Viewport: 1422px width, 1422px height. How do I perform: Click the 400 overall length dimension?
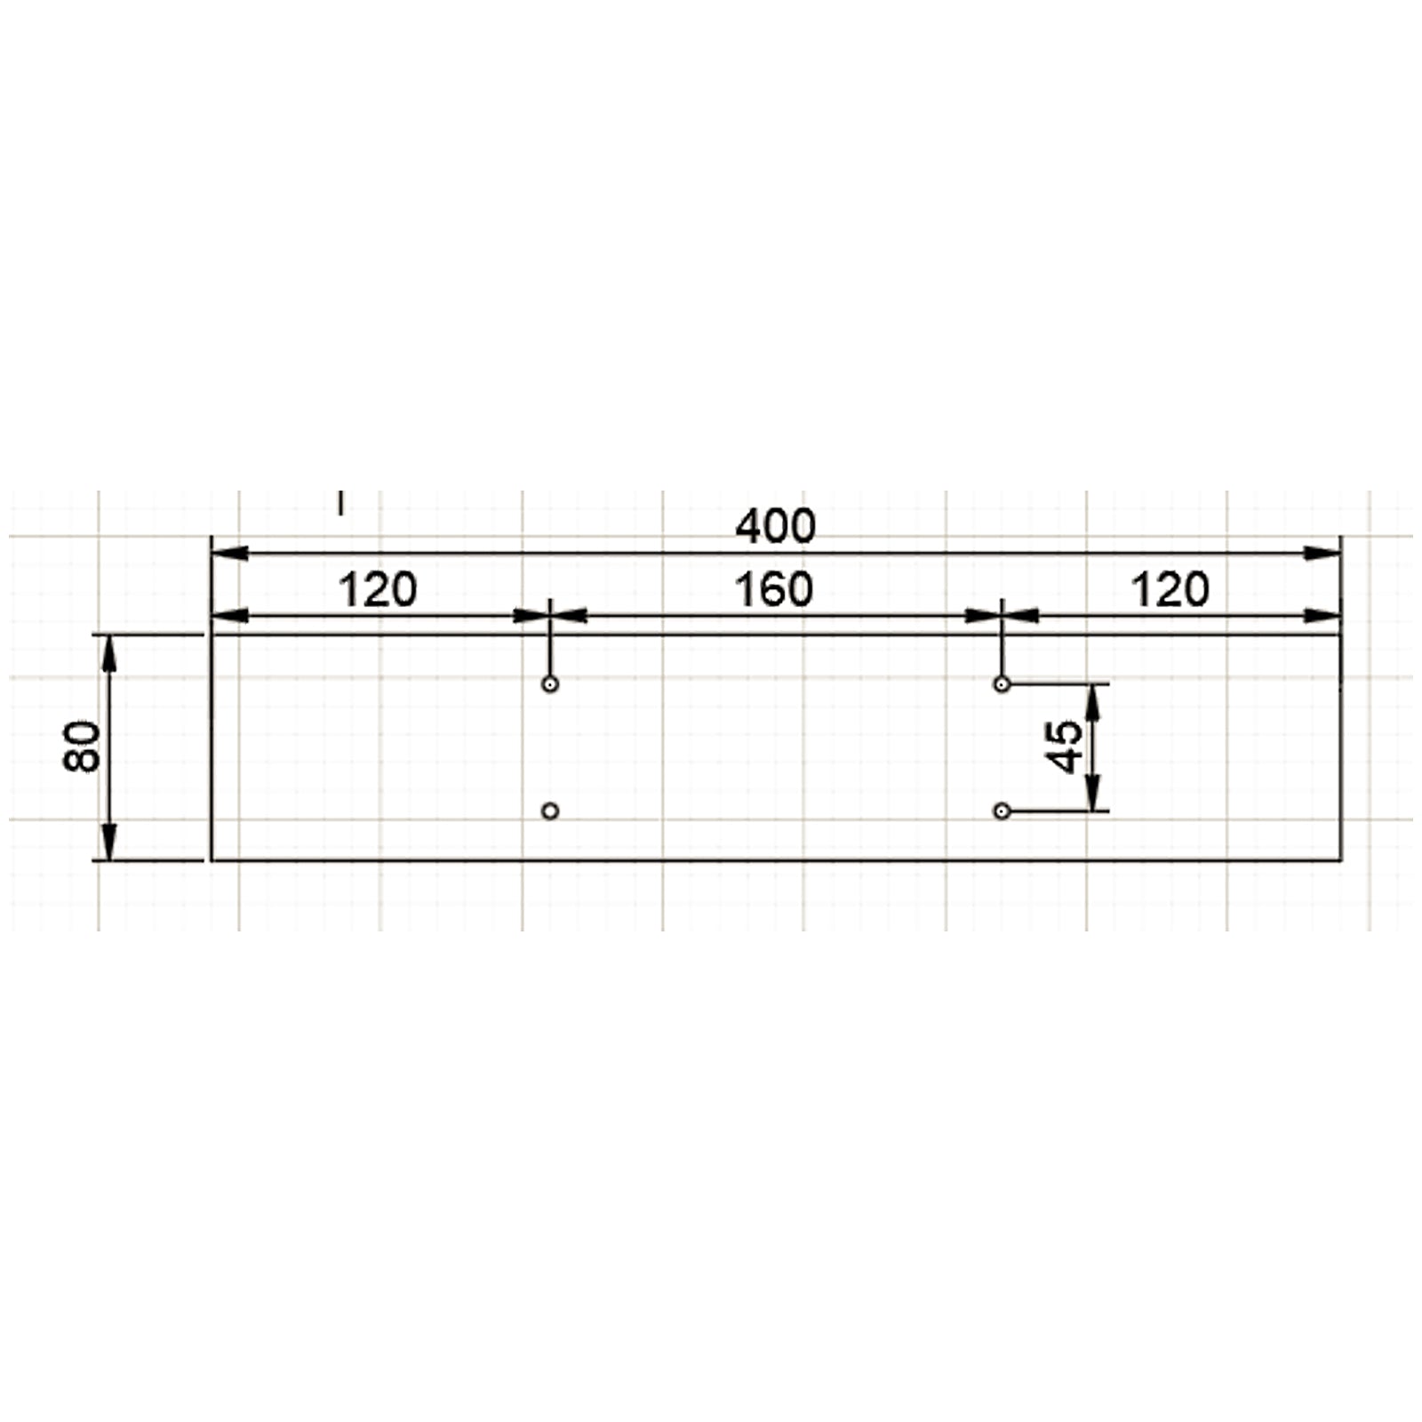point(775,527)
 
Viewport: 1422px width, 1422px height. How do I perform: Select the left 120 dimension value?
point(378,591)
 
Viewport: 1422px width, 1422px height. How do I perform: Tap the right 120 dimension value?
point(1170,591)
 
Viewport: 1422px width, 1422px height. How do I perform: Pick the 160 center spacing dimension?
point(774,591)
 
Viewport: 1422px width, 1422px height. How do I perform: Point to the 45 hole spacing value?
point(1066,747)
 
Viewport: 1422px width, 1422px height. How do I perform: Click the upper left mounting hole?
point(550,684)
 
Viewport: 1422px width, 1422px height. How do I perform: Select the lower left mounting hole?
point(550,811)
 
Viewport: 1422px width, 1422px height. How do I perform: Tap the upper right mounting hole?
point(1002,684)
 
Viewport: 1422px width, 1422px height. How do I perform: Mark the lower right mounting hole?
point(1002,811)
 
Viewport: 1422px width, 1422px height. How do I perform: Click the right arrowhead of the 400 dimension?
point(1322,554)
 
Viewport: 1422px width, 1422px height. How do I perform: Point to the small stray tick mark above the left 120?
point(340,503)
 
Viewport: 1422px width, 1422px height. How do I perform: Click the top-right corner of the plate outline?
point(1340,635)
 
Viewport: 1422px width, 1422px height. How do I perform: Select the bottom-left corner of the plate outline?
point(212,860)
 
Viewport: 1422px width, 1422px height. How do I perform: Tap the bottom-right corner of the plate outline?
point(1340,860)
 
